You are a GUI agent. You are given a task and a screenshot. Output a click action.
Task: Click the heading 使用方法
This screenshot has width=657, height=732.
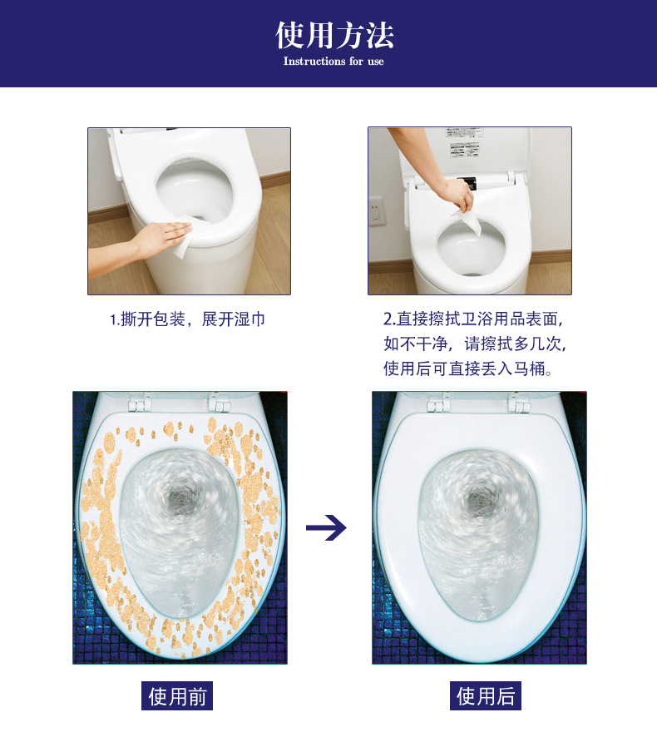(334, 35)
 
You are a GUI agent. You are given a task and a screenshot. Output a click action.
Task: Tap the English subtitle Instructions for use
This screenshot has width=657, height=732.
(333, 62)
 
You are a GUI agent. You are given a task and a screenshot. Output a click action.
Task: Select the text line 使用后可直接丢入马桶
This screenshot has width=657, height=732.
(467, 368)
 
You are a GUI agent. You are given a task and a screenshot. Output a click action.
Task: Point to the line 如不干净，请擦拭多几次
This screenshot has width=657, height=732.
(475, 344)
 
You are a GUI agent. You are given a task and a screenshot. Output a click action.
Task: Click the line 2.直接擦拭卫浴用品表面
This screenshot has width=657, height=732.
(473, 319)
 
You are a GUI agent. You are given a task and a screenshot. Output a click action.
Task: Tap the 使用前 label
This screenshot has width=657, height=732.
(177, 696)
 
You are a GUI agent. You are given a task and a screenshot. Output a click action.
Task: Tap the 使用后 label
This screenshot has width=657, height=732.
(486, 696)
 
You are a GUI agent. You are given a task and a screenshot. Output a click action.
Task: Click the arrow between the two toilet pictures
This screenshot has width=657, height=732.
(326, 528)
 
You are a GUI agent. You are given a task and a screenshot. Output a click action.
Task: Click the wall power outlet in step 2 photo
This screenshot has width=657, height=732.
(376, 211)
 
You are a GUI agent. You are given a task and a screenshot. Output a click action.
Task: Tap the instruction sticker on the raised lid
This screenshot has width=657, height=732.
(462, 142)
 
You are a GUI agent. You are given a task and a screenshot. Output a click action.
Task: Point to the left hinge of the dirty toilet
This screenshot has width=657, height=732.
(140, 403)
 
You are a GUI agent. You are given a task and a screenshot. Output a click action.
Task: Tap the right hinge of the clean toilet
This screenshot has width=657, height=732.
(518, 403)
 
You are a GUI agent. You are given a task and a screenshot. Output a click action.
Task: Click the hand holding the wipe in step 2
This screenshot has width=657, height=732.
(457, 194)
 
